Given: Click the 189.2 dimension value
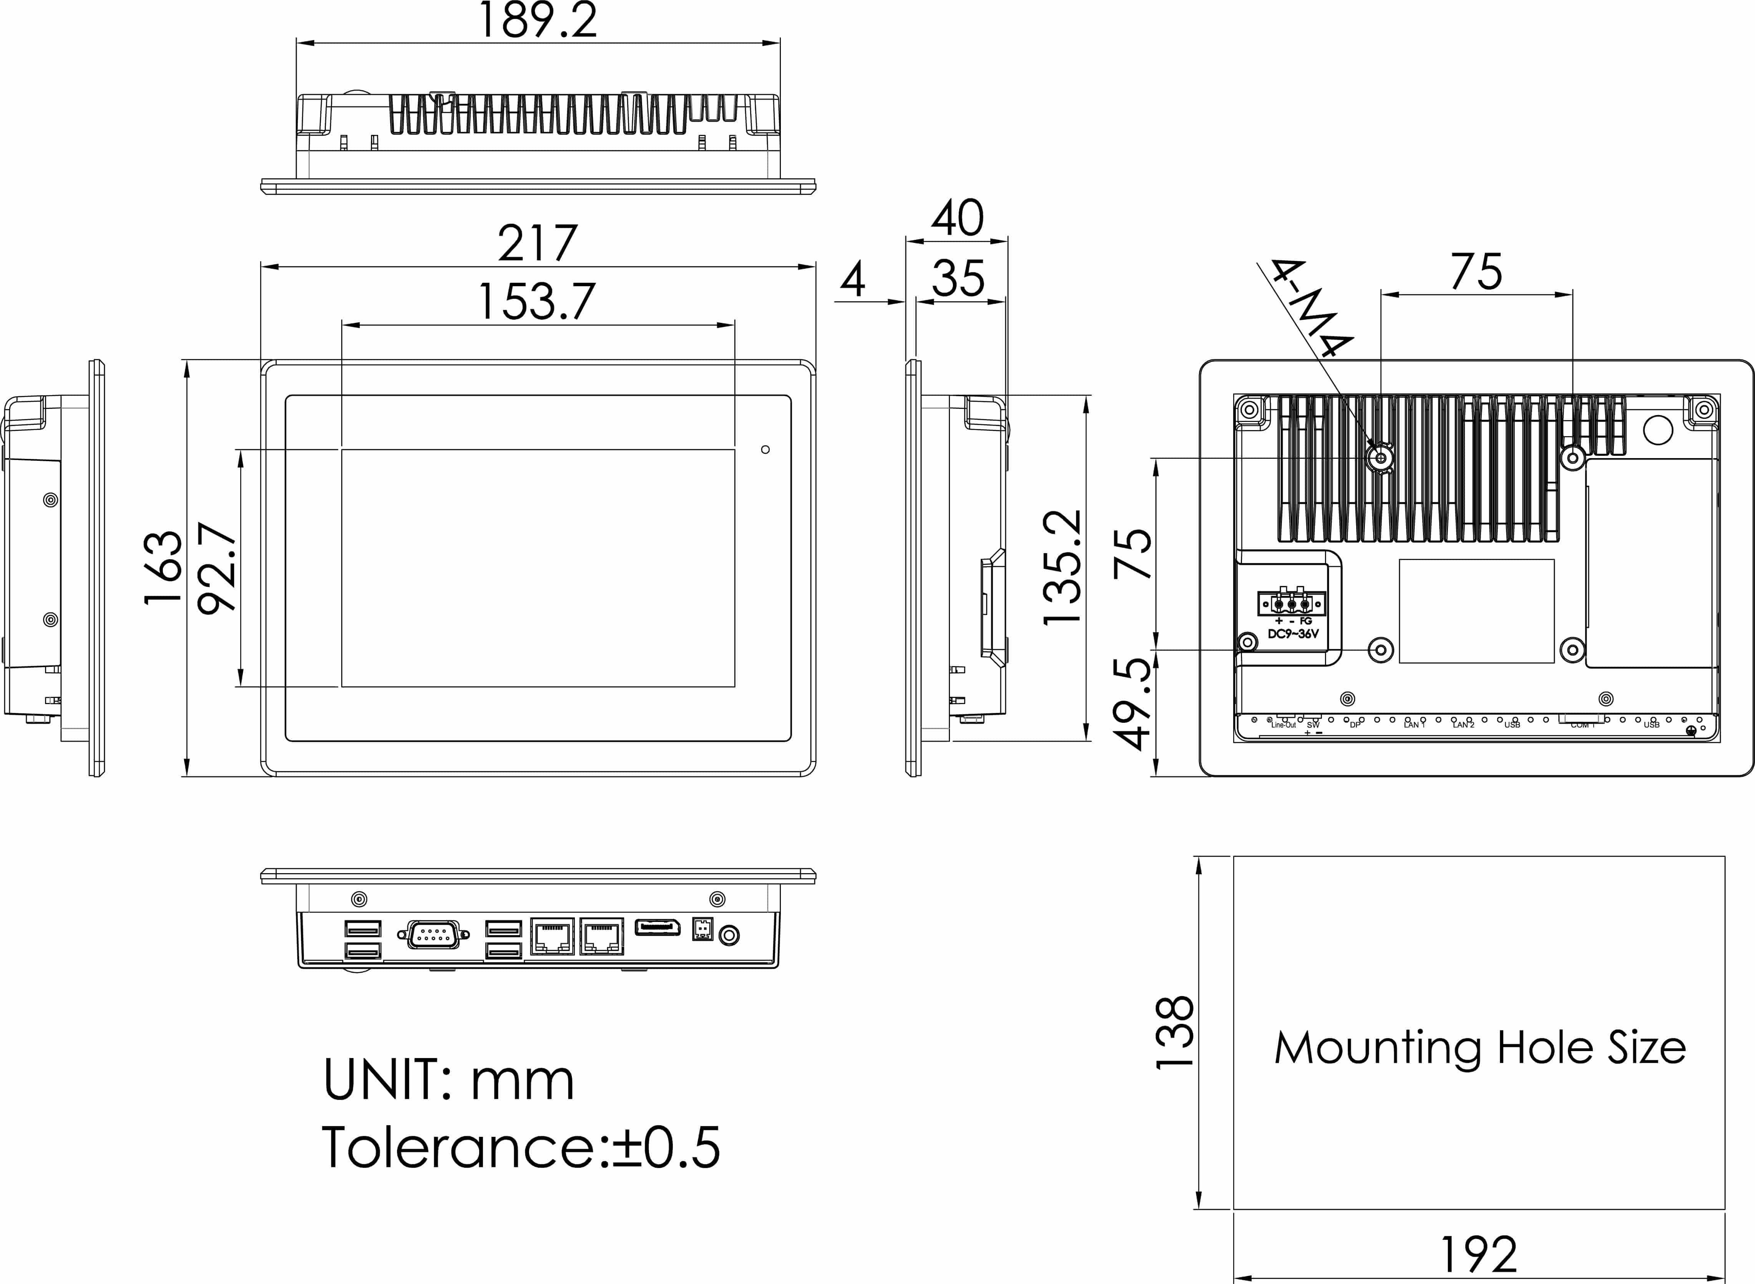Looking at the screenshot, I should [538, 21].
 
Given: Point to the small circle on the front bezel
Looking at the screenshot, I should [765, 449].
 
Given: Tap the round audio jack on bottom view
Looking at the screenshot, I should [728, 935].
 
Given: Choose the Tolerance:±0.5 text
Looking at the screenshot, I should [521, 1147].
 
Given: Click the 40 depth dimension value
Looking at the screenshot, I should [958, 218].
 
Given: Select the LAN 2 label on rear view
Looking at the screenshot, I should [1464, 725].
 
